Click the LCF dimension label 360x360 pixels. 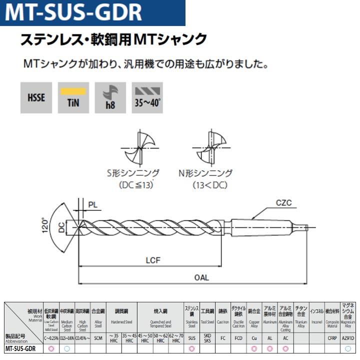click(153, 260)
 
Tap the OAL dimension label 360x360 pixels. click(201, 277)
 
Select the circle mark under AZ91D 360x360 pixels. click(348, 348)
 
